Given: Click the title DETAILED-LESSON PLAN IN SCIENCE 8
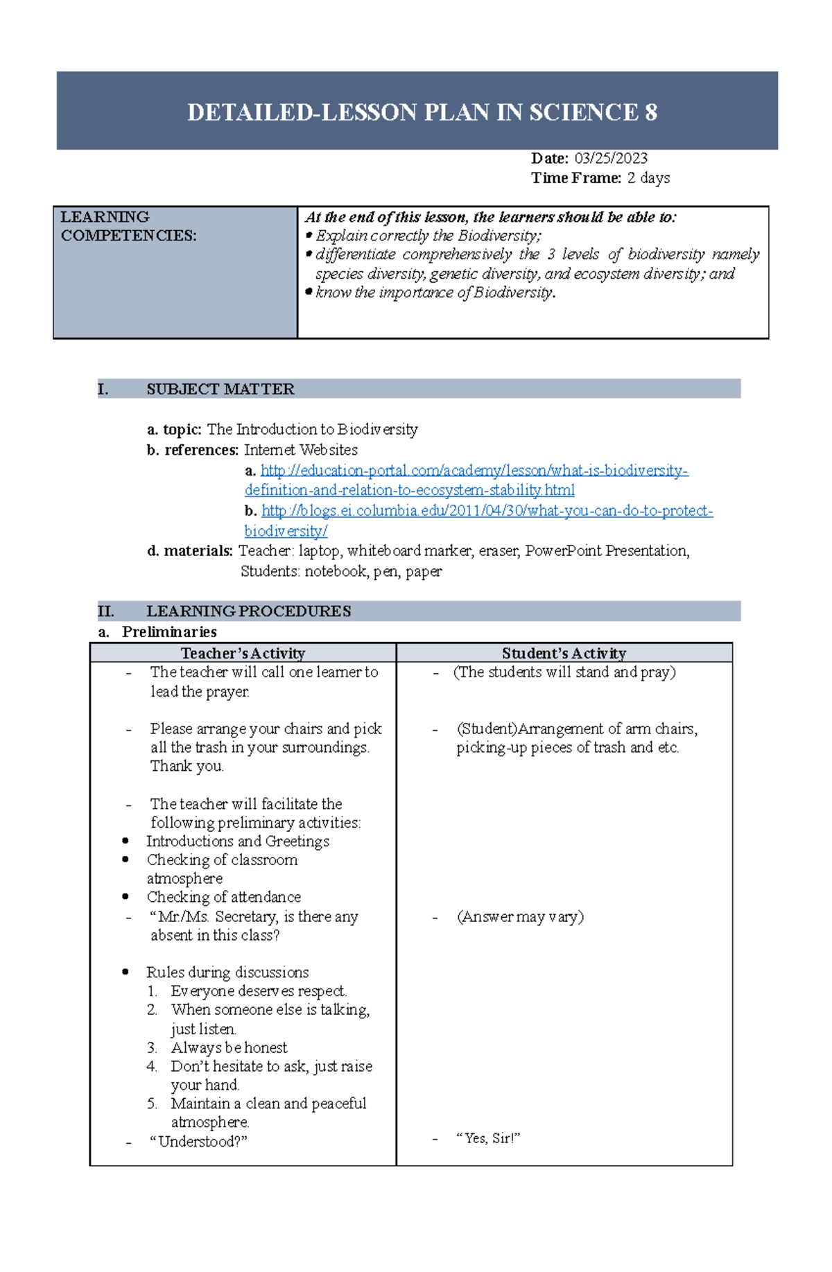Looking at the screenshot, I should click(422, 112).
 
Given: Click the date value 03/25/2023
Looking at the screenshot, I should click(610, 159).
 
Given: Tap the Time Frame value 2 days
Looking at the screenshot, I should click(648, 178).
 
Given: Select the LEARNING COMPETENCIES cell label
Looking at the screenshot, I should click(128, 227).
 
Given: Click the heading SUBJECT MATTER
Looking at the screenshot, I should click(220, 390).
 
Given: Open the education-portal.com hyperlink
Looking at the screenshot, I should click(474, 471).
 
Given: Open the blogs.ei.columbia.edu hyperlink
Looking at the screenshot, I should click(487, 511).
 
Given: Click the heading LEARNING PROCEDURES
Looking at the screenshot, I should click(248, 611).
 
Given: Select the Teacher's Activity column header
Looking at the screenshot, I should click(243, 653).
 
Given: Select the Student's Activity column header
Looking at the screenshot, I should click(564, 653).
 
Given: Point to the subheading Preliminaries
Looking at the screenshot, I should click(168, 631).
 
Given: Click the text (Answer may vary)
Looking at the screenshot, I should click(520, 916).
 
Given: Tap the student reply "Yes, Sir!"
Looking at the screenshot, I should click(488, 1138).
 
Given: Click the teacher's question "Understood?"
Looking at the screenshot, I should click(198, 1142).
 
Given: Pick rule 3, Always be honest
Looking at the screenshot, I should click(229, 1047).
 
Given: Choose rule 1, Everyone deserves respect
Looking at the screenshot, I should click(259, 991).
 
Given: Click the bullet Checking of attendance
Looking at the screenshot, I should click(223, 897).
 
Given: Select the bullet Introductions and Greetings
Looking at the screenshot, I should click(237, 842).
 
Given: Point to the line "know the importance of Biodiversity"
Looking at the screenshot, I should click(435, 293).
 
